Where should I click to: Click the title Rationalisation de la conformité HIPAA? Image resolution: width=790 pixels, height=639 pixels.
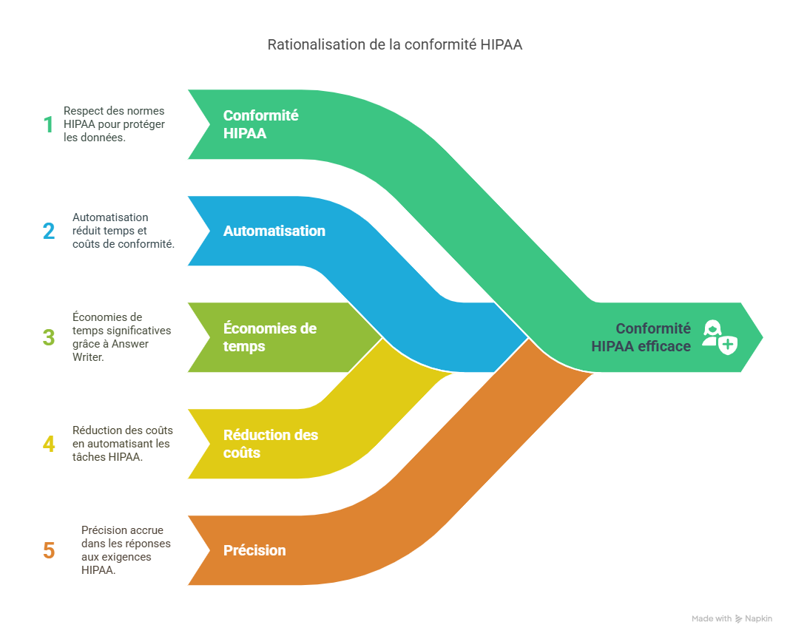click(x=394, y=45)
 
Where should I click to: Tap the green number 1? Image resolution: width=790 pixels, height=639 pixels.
click(x=48, y=124)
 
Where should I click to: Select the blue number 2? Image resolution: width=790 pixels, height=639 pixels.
click(x=49, y=231)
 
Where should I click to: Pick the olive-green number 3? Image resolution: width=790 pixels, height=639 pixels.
click(x=49, y=338)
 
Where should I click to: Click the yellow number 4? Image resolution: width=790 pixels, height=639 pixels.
click(x=49, y=444)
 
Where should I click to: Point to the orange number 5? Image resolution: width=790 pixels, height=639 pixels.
click(x=49, y=551)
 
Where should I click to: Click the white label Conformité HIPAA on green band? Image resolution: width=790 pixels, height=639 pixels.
click(x=260, y=124)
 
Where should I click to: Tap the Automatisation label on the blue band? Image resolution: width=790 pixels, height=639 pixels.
click(x=274, y=231)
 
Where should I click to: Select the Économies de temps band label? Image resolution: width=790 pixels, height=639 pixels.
click(x=269, y=337)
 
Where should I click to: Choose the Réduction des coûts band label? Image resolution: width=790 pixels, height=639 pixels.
click(x=270, y=444)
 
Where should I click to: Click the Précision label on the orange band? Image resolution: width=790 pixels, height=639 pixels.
click(x=254, y=550)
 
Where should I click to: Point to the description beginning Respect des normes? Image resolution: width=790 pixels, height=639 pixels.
click(x=114, y=124)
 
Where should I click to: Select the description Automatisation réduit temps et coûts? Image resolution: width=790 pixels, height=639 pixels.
click(x=123, y=231)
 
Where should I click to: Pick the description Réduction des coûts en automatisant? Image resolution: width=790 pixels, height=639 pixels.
click(x=121, y=444)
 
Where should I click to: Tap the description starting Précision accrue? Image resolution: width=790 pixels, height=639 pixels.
click(x=125, y=550)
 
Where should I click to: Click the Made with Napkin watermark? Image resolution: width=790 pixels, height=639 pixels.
click(x=732, y=618)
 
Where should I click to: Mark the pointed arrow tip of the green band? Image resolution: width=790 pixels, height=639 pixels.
click(x=762, y=337)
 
